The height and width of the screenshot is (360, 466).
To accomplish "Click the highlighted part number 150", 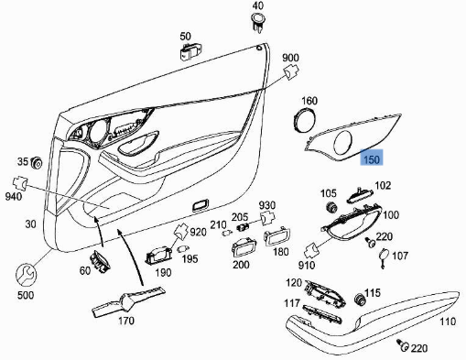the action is click(372, 159).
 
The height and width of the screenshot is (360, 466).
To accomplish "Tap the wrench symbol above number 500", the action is click(26, 275).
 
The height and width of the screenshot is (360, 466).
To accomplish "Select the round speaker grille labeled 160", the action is click(305, 119).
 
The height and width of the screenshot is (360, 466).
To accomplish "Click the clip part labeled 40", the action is click(258, 22).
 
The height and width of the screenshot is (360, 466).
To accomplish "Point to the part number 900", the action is click(290, 58).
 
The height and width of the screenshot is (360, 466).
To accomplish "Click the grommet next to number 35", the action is click(37, 163).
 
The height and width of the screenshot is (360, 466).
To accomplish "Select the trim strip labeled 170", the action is click(128, 301).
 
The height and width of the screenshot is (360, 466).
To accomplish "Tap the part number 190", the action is click(163, 272).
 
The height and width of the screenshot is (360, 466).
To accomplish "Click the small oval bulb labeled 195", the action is click(182, 248).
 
